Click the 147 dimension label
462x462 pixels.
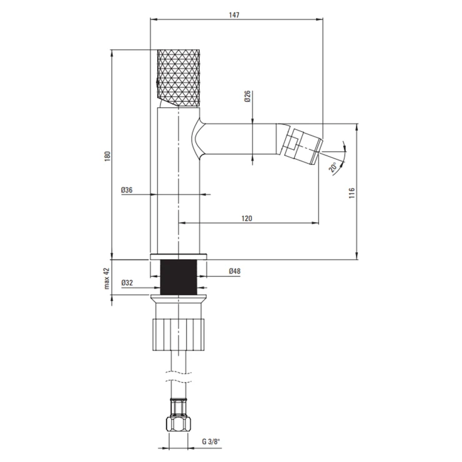click(234, 15)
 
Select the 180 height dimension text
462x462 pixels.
click(107, 156)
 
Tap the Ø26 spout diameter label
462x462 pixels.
click(247, 96)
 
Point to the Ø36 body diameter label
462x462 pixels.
click(127, 190)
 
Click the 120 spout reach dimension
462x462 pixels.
click(247, 219)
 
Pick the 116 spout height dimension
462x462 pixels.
click(351, 193)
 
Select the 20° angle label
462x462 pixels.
click(333, 167)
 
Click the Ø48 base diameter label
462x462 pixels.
click(235, 271)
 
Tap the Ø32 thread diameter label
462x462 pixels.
click(127, 283)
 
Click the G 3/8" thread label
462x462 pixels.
click(211, 441)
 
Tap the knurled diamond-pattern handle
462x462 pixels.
click(179, 79)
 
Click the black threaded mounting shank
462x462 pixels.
click(179, 277)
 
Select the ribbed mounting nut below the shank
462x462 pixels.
click(179, 335)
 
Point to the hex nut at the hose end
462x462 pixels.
click(178, 424)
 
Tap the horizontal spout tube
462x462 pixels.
click(238, 139)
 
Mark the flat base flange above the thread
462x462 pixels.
click(179, 257)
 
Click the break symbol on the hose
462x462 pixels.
click(178, 376)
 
